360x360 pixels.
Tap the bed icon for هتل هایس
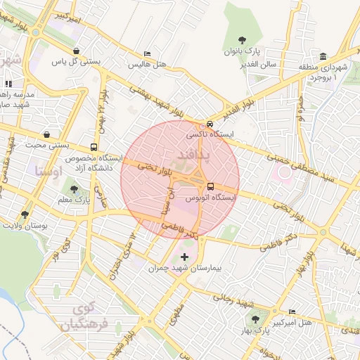pos(146,54)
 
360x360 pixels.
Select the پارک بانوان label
pos(243,52)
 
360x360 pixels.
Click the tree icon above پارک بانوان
pos(243,40)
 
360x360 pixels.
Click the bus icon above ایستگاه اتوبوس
pos(210,186)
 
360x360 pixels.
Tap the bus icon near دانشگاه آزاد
pos(94,148)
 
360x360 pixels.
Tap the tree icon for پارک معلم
pos(73,188)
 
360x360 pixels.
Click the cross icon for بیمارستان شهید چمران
pos(185,257)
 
